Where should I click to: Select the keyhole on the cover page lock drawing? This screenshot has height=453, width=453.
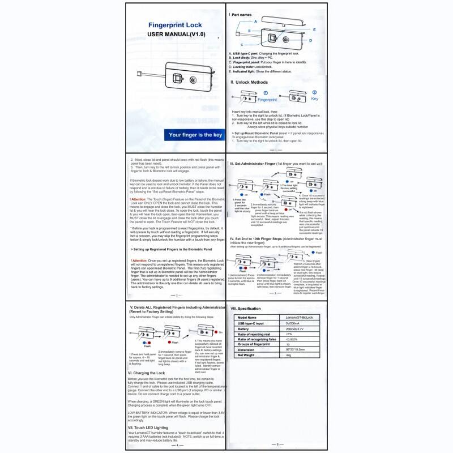click(193, 80)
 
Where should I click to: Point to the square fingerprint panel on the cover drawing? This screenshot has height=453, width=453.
click(177, 80)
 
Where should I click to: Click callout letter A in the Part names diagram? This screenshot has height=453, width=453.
click(256, 20)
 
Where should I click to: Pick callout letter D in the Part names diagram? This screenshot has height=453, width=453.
click(310, 41)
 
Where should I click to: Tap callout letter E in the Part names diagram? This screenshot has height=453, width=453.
click(314, 29)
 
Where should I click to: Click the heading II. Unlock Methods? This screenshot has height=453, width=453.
click(250, 82)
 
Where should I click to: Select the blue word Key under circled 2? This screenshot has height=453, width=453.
click(315, 98)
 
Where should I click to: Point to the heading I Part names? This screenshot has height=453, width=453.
click(243, 14)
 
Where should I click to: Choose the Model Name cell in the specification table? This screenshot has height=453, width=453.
click(247, 317)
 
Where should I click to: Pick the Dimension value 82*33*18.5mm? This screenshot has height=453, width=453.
click(297, 349)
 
